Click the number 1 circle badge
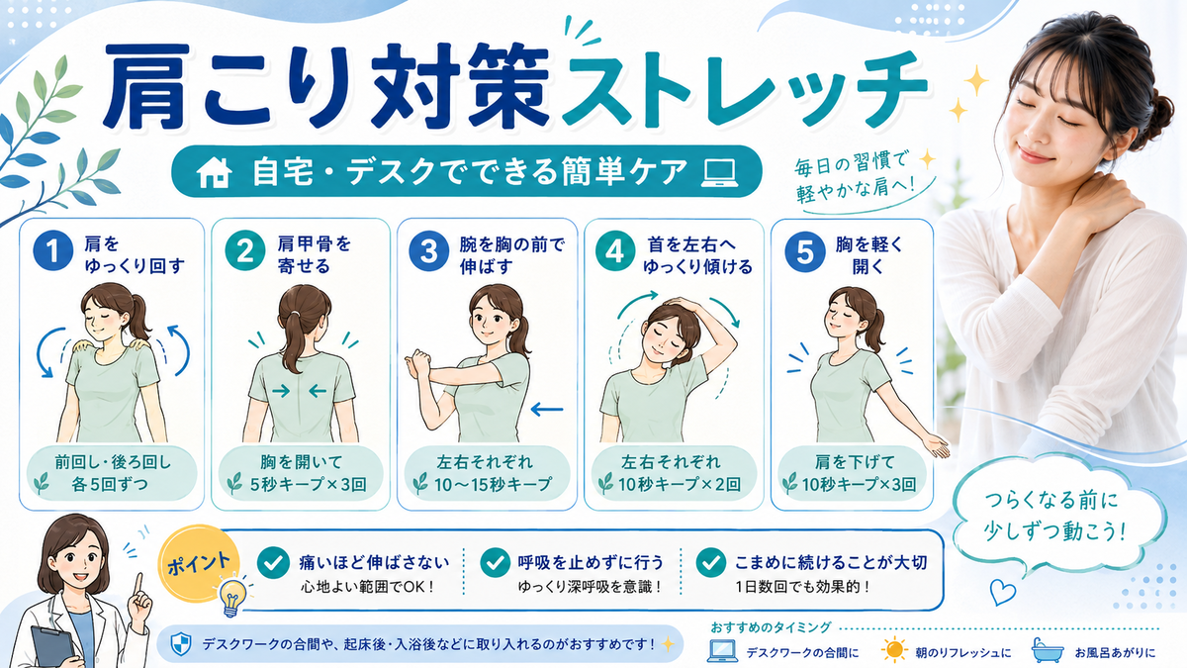coord(53,251)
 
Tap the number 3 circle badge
coord(429,251)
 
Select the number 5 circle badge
coord(805,252)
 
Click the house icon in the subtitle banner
coord(214,172)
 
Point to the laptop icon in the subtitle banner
coord(719,172)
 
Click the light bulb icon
coord(232,597)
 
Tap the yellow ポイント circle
coord(199,563)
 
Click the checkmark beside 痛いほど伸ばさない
coord(273,562)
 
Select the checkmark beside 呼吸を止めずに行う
coord(496,562)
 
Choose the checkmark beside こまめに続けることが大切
coord(711,562)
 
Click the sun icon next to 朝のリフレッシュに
coord(895,650)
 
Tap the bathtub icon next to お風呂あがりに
coord(1048,650)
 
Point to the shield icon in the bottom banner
coord(181,645)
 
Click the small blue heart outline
coord(1003,592)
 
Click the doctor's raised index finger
coord(139,584)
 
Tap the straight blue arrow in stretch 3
coord(547,409)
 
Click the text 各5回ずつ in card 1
coord(110,485)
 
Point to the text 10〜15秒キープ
coord(494,485)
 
